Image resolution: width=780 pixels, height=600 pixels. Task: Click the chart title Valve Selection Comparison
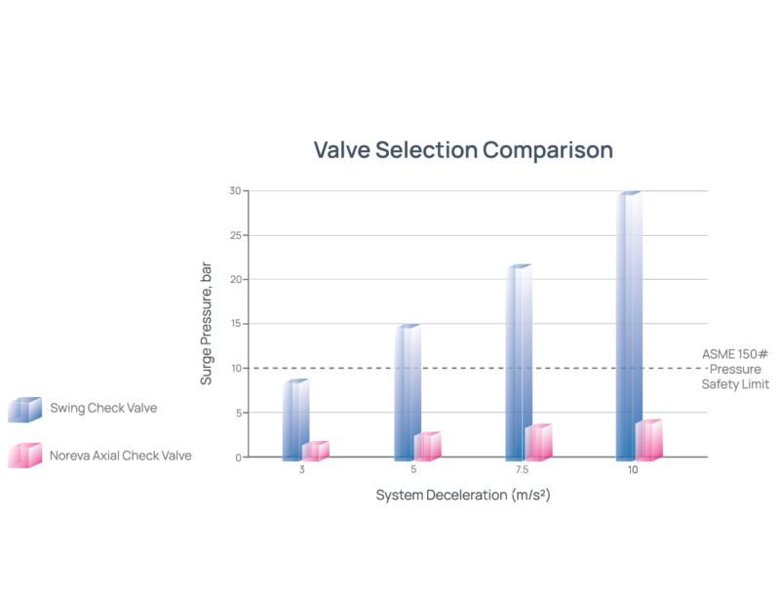462,150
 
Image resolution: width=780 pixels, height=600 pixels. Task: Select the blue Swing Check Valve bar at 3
294,420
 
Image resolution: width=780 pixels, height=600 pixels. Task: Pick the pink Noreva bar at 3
316,450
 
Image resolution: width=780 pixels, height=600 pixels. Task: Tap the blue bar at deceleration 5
407,391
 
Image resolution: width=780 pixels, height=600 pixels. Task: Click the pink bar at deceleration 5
428,445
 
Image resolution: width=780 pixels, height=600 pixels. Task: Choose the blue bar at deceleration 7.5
518,361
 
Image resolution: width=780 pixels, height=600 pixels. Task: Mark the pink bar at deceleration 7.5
539,441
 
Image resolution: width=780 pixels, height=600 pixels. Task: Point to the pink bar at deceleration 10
650,438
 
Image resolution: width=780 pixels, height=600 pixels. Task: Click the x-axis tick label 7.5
523,470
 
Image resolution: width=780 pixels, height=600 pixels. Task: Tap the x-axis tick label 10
634,470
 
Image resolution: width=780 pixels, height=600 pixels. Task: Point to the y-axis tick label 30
235,190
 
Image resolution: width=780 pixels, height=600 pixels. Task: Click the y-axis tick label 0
238,457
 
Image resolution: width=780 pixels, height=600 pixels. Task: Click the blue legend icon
23,409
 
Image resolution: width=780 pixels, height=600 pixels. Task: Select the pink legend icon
23,455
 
